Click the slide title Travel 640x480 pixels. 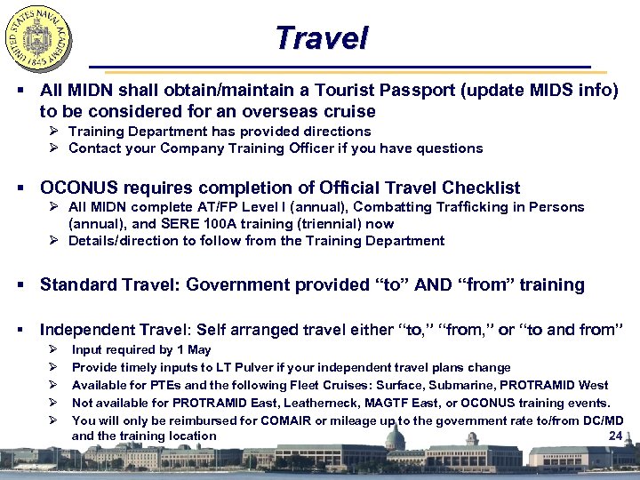pyautogui.click(x=321, y=37)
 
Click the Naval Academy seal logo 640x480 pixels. pyautogui.click(x=38, y=38)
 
